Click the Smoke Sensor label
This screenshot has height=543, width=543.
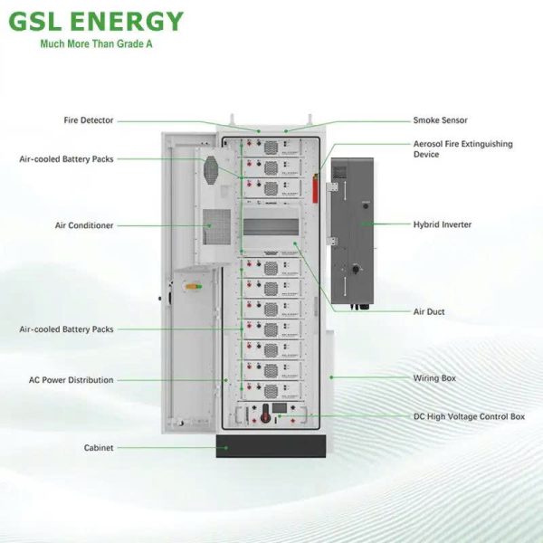(x=440, y=120)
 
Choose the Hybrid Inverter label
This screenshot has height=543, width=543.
(x=443, y=224)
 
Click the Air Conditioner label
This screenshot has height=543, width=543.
(x=86, y=225)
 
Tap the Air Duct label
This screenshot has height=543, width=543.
(x=429, y=311)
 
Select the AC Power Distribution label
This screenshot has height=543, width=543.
(x=71, y=380)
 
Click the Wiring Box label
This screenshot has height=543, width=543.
(x=434, y=376)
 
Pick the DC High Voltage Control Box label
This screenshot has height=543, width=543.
(x=469, y=416)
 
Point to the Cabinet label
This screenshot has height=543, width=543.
(x=99, y=448)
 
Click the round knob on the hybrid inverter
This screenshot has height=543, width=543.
(x=354, y=270)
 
